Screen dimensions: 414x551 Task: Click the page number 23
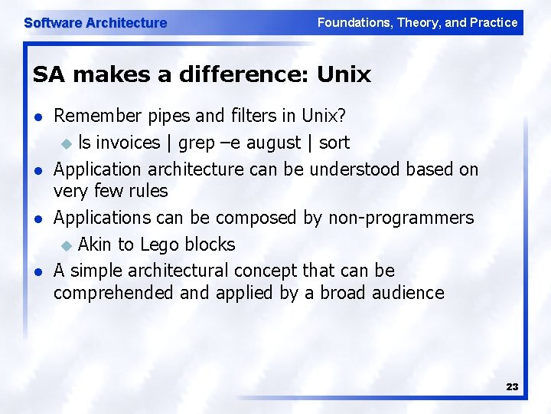pos(512,387)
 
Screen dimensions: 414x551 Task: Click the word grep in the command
pos(197,143)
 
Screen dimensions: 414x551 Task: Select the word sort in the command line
pos(334,143)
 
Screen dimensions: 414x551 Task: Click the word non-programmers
pos(401,218)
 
